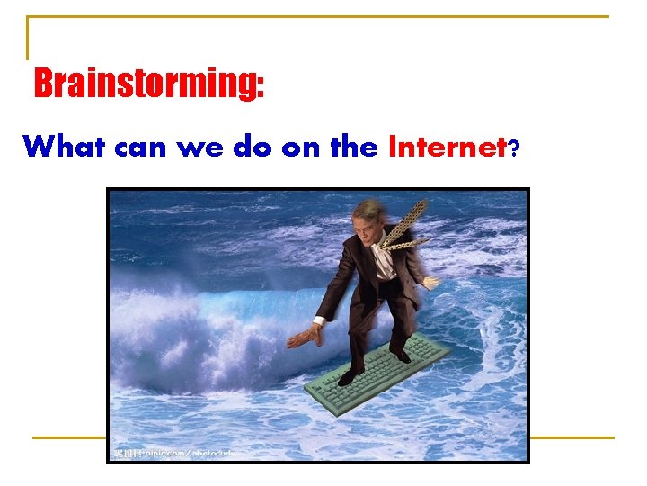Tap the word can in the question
(143, 147)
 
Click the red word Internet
(447, 146)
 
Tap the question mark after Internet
(513, 148)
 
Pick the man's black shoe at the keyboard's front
(349, 377)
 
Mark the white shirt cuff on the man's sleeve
(318, 320)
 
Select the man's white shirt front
(384, 261)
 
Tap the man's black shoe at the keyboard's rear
(402, 356)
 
